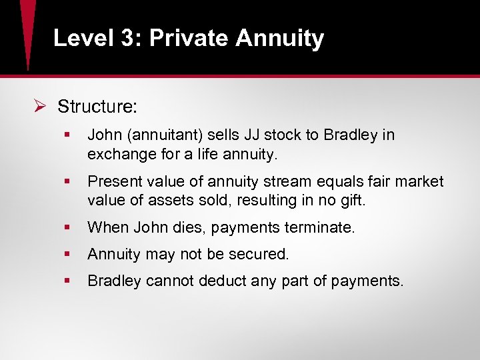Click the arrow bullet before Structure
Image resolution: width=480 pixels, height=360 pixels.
[39, 107]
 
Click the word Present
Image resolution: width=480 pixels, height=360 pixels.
[112, 181]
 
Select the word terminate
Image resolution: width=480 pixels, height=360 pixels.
[321, 227]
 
